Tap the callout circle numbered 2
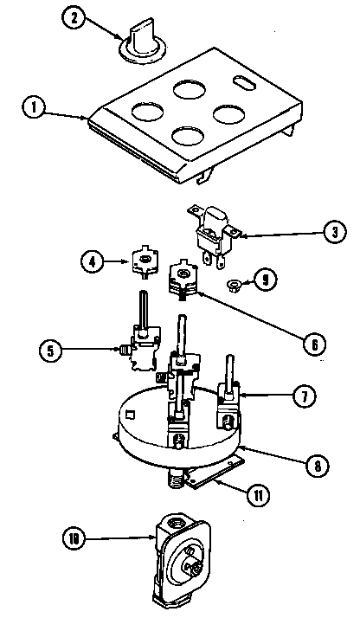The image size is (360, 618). point(79,21)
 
